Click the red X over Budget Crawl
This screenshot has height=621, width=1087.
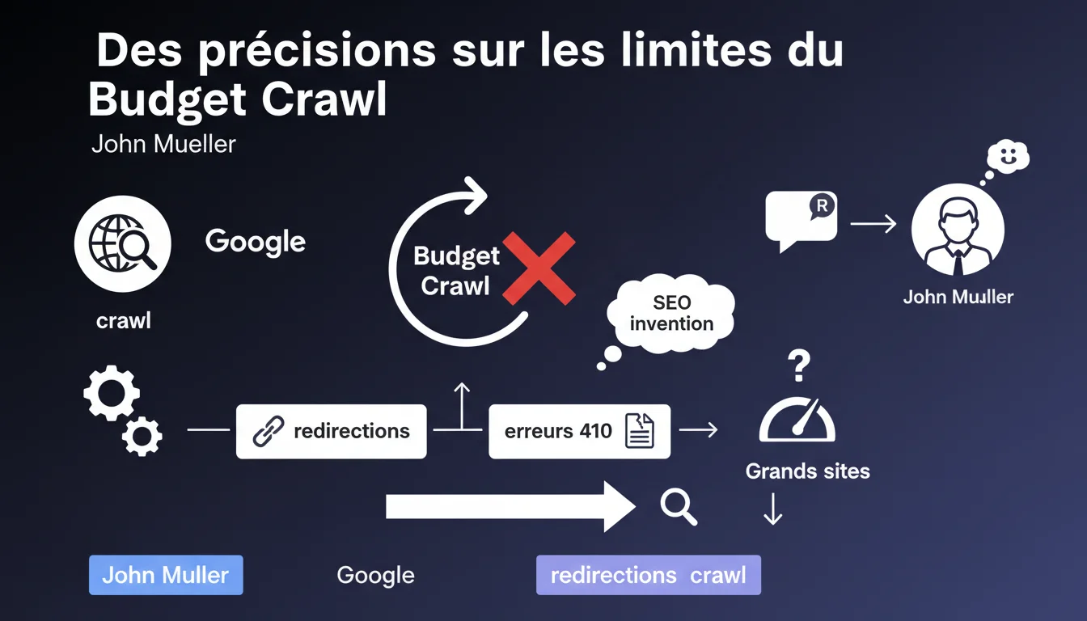tap(539, 268)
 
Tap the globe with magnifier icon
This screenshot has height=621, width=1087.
tap(123, 243)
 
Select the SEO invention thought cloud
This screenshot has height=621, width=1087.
tap(670, 313)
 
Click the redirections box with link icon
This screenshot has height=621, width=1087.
tap(332, 431)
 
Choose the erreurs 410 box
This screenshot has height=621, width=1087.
tap(579, 431)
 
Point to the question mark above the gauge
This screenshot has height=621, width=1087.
tap(799, 365)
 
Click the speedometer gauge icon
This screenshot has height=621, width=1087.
tap(797, 420)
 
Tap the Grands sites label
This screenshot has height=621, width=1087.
tap(807, 471)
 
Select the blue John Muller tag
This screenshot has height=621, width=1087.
tap(166, 575)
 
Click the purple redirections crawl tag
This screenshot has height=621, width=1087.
tap(649, 575)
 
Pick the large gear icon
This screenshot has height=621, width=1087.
tap(112, 392)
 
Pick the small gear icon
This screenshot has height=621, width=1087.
tap(142, 436)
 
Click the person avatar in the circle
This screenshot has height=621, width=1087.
tap(958, 230)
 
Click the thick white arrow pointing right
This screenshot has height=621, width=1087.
tap(510, 507)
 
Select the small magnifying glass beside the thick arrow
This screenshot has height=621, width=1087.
tap(679, 508)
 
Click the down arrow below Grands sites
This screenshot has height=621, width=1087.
tap(772, 509)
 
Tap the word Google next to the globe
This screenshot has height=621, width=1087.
tap(256, 242)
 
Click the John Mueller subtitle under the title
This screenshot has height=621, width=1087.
tap(163, 144)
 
